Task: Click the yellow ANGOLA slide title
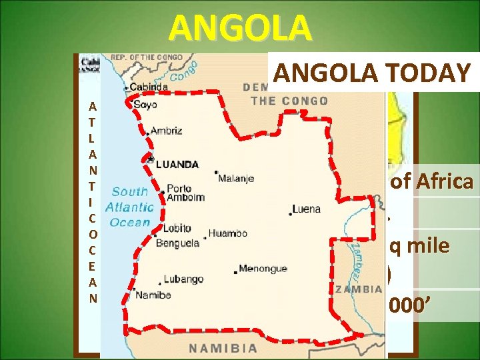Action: tap(240, 28)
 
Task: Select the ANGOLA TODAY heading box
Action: tap(371, 73)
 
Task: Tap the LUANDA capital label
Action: tap(177, 164)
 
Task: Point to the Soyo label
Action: tap(146, 105)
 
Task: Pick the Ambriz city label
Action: tap(166, 131)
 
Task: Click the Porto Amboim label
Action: tap(185, 193)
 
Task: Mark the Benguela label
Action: tap(177, 243)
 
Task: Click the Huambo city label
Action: tap(227, 234)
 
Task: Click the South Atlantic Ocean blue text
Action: tap(132, 207)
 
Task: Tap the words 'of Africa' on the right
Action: tap(431, 182)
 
